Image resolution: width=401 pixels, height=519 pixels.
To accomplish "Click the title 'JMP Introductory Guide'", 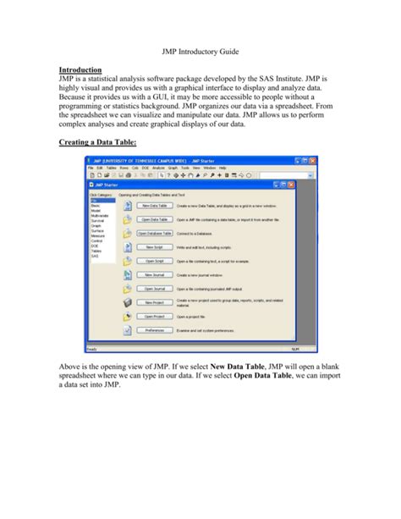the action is tap(200, 51).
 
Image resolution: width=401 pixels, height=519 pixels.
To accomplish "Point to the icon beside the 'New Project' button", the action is tap(127, 302).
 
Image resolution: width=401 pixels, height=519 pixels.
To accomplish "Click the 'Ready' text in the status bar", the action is tap(93, 348).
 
